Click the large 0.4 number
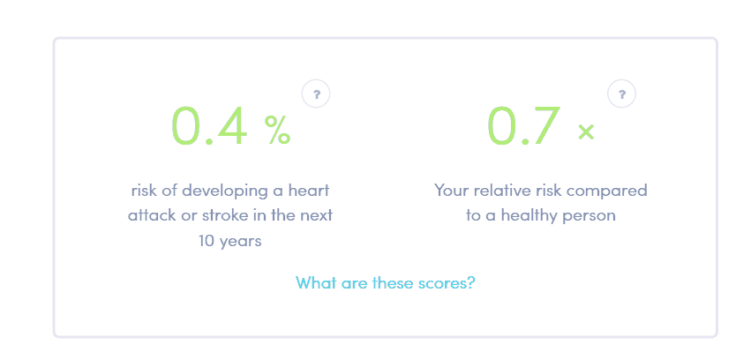click(x=209, y=126)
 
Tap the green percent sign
click(x=277, y=131)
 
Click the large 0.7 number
click(x=523, y=126)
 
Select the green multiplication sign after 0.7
click(x=586, y=132)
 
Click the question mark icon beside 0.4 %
click(x=316, y=93)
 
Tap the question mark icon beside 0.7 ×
click(x=622, y=93)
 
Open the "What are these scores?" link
click(x=386, y=283)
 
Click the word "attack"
click(x=152, y=214)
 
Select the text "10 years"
click(x=230, y=239)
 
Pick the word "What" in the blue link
click(x=315, y=283)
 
